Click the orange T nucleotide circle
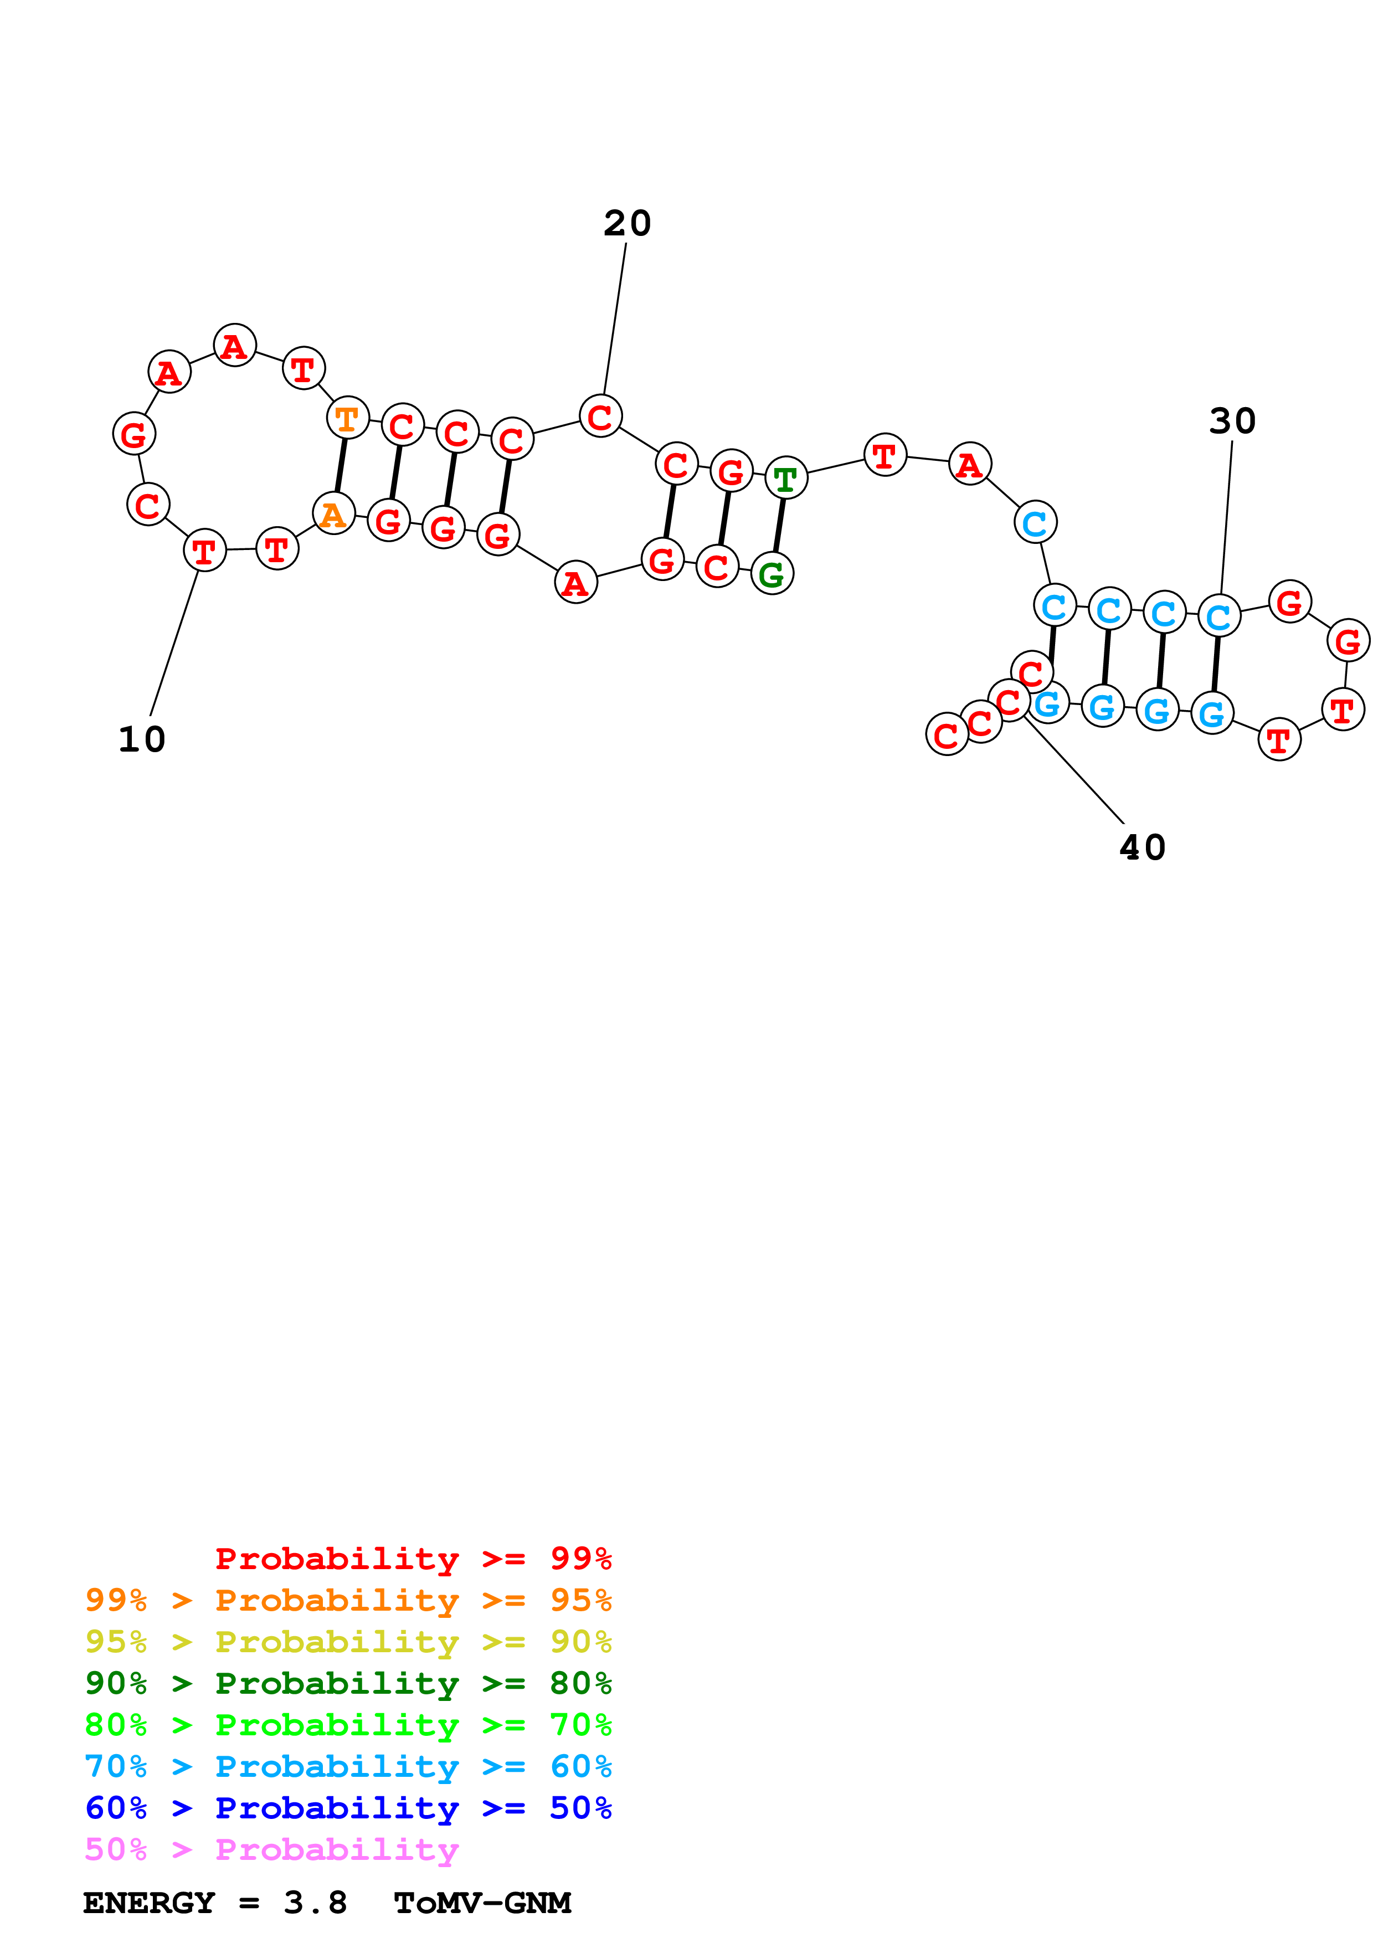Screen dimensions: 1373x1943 point(347,418)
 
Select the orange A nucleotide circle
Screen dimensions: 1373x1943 point(333,513)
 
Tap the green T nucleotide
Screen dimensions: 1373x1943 point(786,479)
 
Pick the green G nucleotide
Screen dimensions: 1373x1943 point(772,574)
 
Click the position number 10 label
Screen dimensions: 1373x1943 point(141,739)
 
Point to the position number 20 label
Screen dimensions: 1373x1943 point(627,223)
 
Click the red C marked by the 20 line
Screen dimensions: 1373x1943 point(600,417)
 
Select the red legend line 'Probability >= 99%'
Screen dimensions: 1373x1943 point(413,1559)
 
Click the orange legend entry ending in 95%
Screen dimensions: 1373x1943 point(348,1600)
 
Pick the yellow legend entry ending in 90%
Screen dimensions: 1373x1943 point(348,1642)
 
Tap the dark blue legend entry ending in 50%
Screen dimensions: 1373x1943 point(348,1808)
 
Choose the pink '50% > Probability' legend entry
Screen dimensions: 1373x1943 point(271,1849)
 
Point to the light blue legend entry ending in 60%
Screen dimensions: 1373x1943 point(348,1766)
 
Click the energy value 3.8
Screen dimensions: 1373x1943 point(315,1903)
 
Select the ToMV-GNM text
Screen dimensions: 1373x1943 point(482,1903)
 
